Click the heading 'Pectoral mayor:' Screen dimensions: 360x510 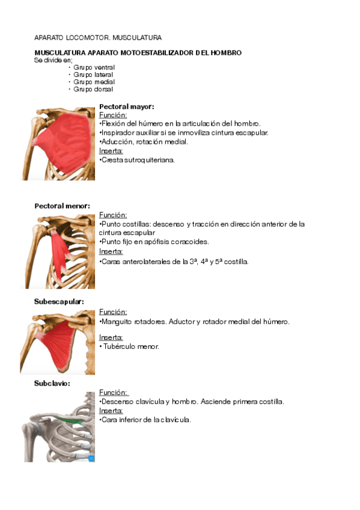click(x=126, y=106)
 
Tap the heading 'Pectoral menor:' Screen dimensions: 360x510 click(x=62, y=206)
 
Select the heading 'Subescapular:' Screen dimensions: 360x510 click(x=59, y=301)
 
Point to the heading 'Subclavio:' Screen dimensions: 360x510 click(x=52, y=382)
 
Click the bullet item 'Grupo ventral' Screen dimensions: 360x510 click(x=94, y=67)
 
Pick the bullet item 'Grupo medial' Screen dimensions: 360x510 click(x=94, y=82)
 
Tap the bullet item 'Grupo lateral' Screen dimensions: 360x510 click(x=93, y=75)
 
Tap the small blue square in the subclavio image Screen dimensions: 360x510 click(x=91, y=458)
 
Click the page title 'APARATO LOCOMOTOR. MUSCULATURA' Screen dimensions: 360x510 click(x=98, y=37)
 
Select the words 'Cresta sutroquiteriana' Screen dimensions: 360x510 click(x=138, y=160)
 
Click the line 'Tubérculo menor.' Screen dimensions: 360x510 click(x=130, y=346)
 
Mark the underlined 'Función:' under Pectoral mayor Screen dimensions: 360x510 click(x=113, y=115)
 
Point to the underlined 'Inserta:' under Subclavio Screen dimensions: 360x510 click(x=111, y=411)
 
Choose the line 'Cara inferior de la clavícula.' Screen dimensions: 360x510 click(x=145, y=420)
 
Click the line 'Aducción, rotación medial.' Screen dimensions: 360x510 click(x=144, y=142)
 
